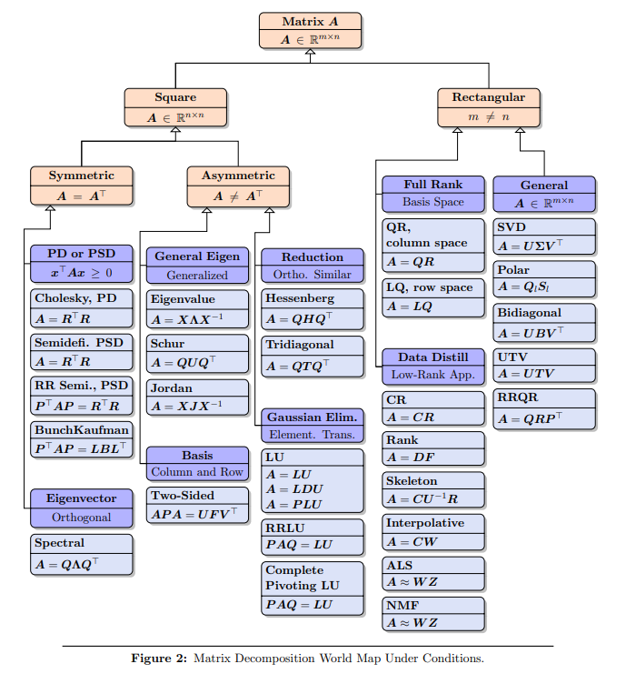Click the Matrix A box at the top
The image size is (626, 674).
pyautogui.click(x=310, y=30)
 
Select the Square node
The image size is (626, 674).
pyautogui.click(x=175, y=106)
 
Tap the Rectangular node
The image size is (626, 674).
pyautogui.click(x=488, y=106)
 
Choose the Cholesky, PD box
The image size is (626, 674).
pyautogui.click(x=82, y=308)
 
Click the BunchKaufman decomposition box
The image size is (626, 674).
pyautogui.click(x=82, y=439)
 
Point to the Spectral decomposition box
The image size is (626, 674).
pyautogui.click(x=82, y=554)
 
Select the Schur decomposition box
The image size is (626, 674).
pyautogui.click(x=185, y=354)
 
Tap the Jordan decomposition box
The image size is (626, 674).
pyautogui.click(x=185, y=397)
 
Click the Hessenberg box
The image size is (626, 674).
pyautogui.click(x=313, y=308)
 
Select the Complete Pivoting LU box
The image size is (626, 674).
pyautogui.click(x=313, y=587)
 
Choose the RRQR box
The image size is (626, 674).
pyautogui.click(x=544, y=408)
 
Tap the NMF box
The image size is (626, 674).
pyautogui.click(x=433, y=614)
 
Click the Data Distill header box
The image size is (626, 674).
pyautogui.click(x=433, y=365)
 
